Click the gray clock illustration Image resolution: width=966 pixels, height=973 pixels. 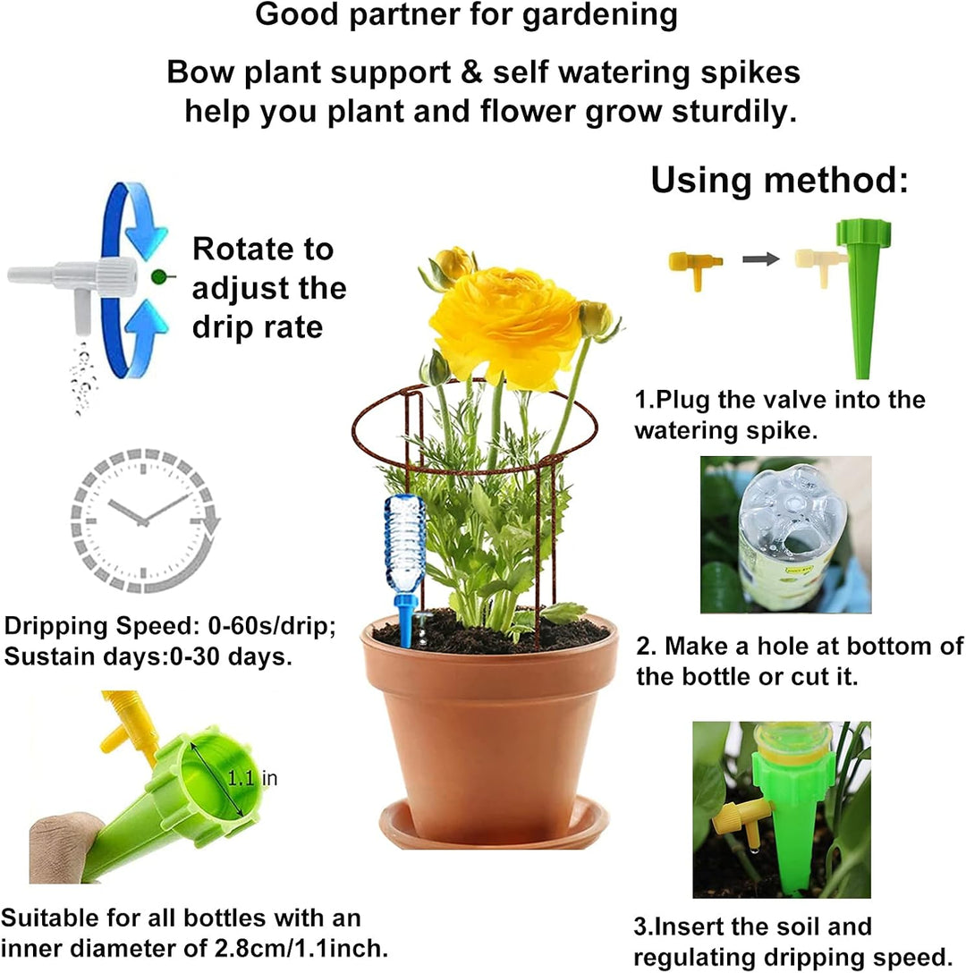(144, 519)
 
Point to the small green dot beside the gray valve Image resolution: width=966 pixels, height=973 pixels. (158, 277)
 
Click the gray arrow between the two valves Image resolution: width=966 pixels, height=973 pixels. (759, 259)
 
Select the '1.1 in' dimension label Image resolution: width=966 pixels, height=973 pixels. (252, 779)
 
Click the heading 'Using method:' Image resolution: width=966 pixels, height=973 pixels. (779, 180)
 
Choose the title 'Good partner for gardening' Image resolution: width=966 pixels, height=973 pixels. (466, 15)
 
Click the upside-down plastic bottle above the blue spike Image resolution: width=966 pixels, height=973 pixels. (404, 541)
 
